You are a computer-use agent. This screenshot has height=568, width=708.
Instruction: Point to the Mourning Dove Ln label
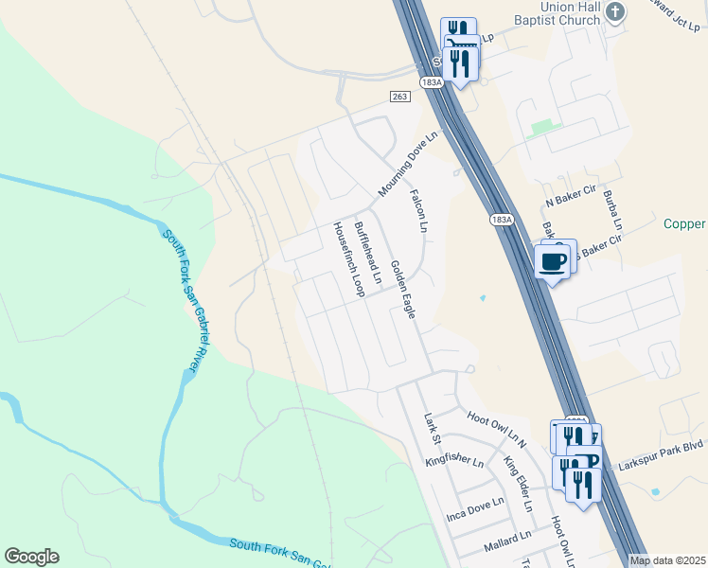pyautogui.click(x=410, y=163)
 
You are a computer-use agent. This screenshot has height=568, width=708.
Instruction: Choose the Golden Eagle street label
pyautogui.click(x=403, y=289)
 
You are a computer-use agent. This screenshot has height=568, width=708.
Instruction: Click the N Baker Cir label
pyautogui.click(x=568, y=203)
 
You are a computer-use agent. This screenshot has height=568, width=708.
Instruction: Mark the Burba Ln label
pyautogui.click(x=611, y=210)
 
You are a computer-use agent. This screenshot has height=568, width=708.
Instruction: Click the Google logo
pyautogui.click(x=31, y=557)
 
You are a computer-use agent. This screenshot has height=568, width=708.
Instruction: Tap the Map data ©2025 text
pyautogui.click(x=667, y=560)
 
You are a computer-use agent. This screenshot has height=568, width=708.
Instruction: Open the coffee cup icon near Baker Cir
pyautogui.click(x=552, y=260)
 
